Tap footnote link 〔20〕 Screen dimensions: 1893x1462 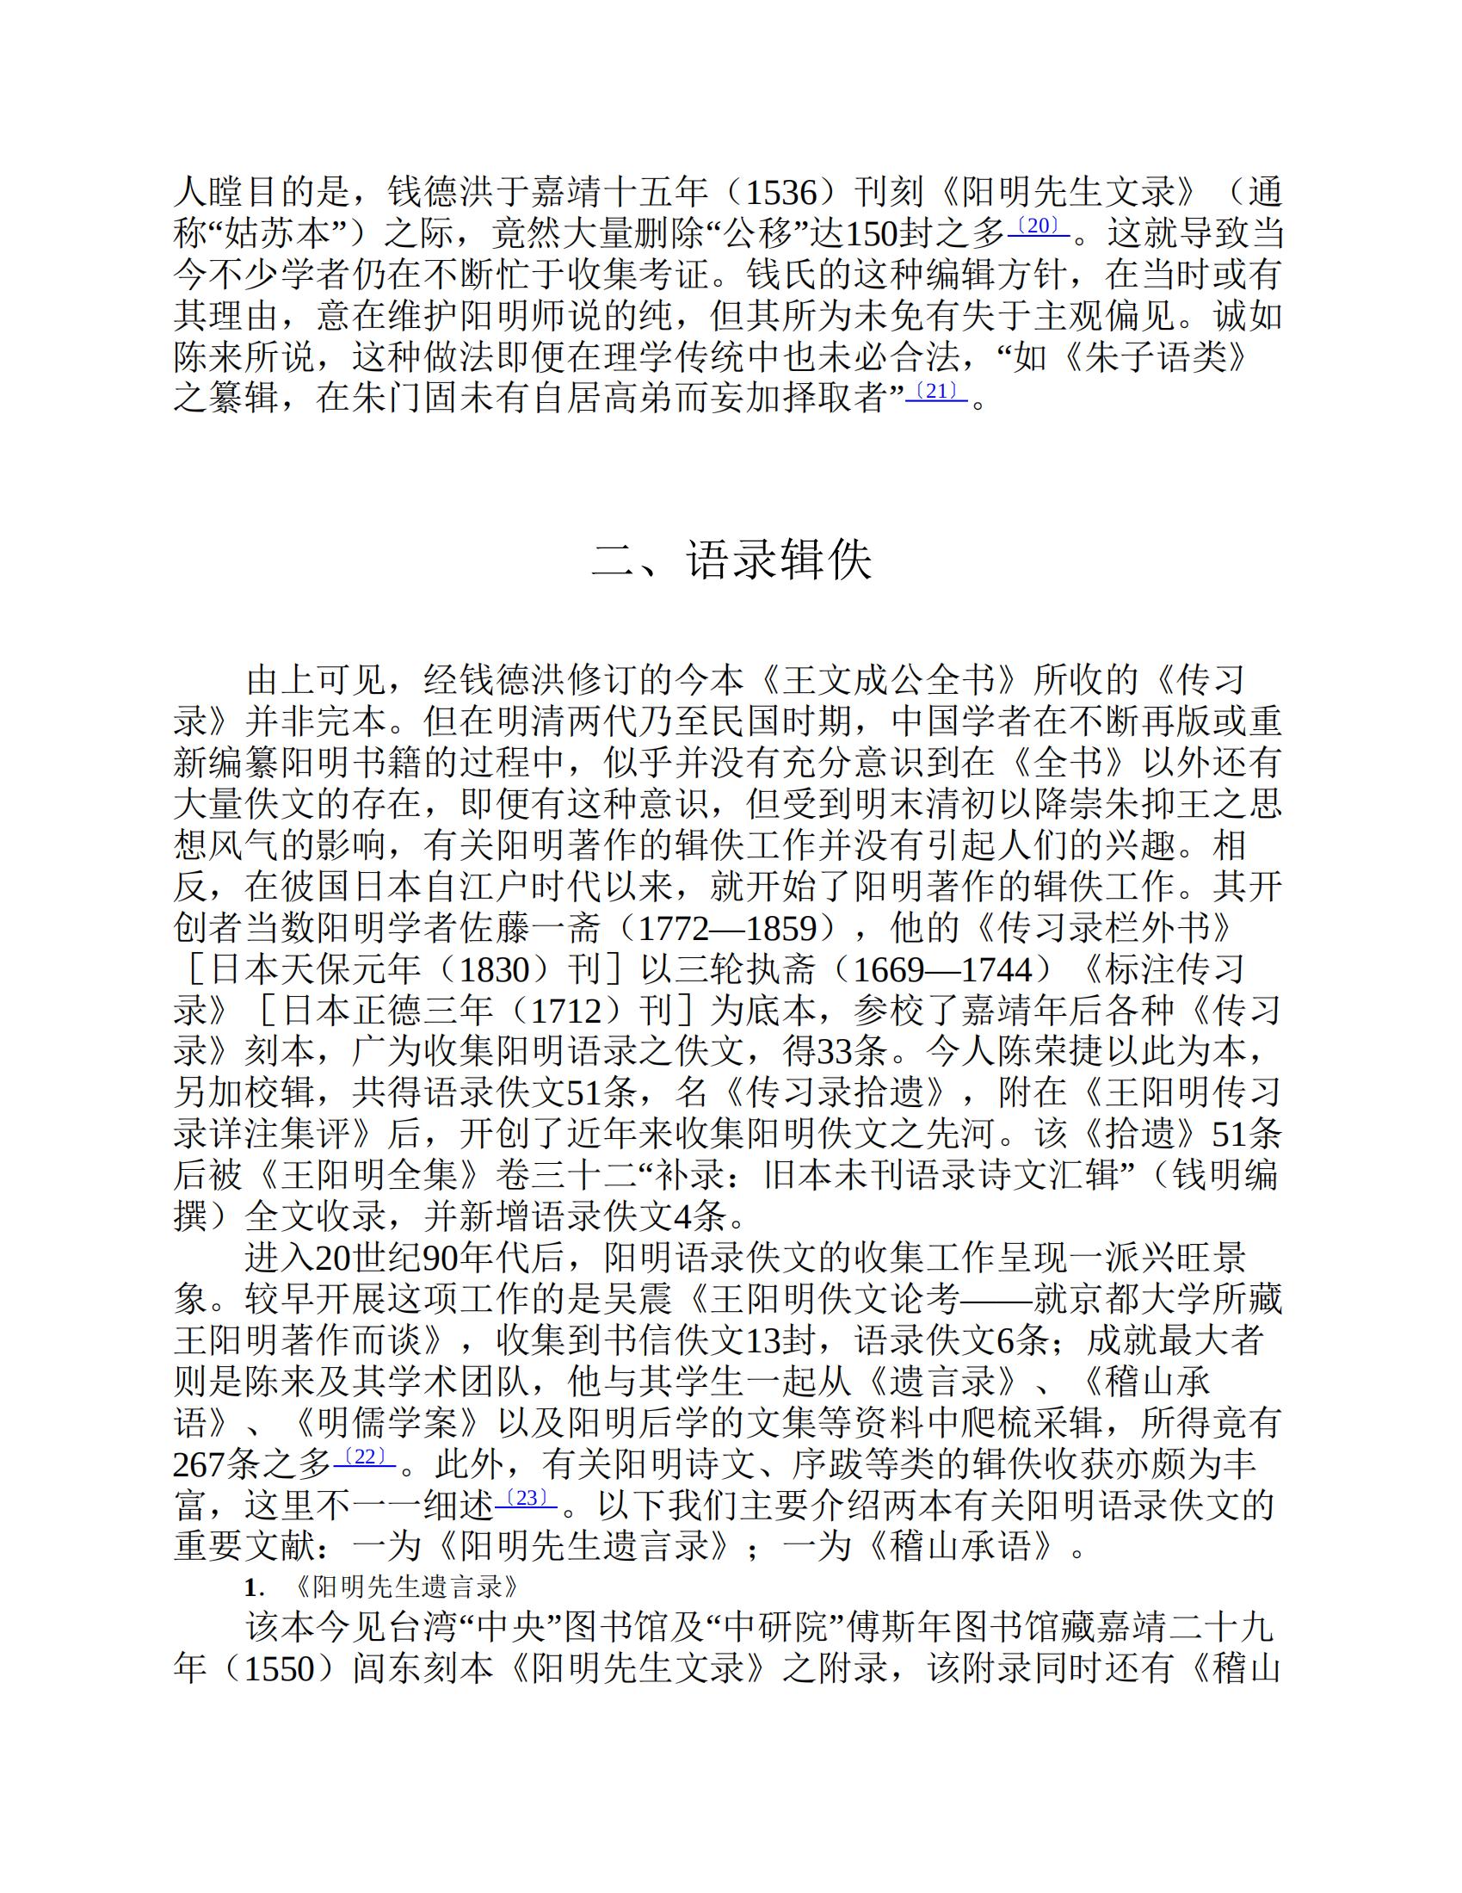[x=1038, y=226]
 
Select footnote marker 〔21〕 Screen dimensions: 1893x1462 [x=936, y=392]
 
